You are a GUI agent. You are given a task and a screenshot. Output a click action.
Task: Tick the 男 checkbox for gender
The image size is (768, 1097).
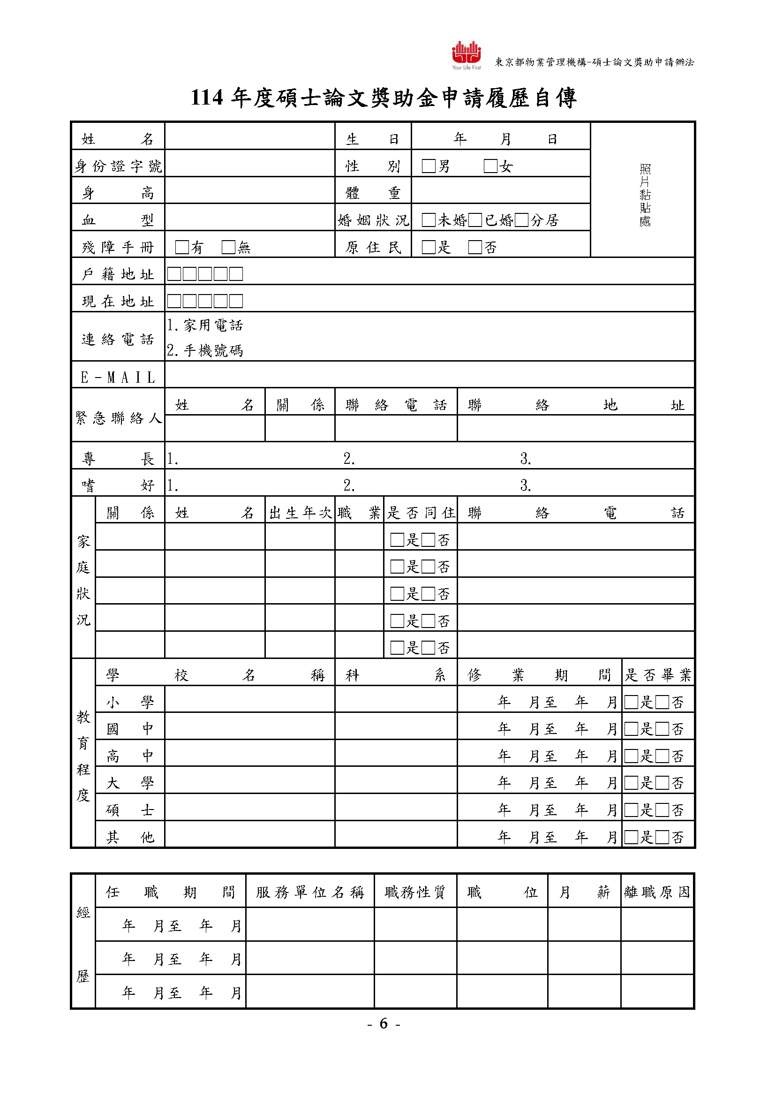[429, 166]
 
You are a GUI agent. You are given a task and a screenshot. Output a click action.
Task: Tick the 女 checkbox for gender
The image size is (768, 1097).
[490, 166]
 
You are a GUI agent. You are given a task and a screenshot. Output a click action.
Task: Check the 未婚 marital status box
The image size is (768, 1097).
[429, 220]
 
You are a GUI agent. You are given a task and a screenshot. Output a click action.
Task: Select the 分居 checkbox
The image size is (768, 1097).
[521, 220]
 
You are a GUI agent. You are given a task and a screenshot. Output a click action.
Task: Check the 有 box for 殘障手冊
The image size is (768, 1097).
[181, 247]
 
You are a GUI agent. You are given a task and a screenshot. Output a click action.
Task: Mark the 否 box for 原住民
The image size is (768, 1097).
[475, 247]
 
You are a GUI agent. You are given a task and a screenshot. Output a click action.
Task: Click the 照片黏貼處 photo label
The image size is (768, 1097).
[645, 195]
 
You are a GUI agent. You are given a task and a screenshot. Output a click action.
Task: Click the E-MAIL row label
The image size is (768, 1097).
[118, 378]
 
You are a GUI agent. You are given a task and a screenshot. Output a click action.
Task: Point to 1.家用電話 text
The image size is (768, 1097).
[205, 325]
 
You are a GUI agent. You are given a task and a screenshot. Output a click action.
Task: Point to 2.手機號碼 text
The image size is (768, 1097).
[205, 351]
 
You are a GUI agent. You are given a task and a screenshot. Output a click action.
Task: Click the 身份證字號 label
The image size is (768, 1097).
[118, 166]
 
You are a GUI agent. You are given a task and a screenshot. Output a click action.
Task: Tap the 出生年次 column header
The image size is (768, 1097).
[300, 513]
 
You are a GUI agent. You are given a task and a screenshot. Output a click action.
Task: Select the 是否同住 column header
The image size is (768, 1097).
[421, 513]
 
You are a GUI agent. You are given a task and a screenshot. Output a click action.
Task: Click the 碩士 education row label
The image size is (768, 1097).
[130, 810]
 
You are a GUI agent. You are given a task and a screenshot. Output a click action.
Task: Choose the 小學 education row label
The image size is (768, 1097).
[130, 702]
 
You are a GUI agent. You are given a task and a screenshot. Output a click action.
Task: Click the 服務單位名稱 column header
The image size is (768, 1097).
[310, 892]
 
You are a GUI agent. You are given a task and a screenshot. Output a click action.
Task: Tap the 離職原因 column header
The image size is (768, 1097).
[657, 892]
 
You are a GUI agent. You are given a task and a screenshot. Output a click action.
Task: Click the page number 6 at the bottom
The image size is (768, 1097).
[384, 1023]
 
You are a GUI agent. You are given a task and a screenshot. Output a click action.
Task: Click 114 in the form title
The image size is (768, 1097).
[207, 98]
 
